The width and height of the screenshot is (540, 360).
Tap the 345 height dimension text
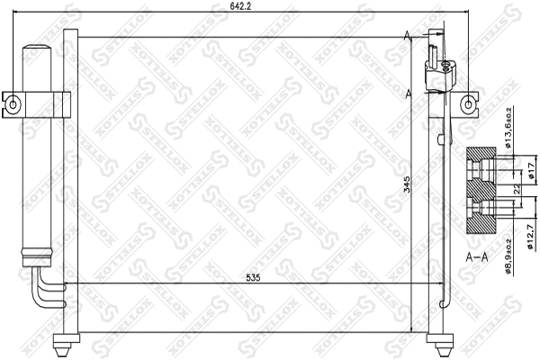tap(407, 185)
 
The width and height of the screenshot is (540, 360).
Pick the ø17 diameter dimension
tap(531, 171)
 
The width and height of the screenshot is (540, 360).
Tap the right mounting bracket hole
tap(469, 103)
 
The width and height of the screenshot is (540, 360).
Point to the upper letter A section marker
tap(409, 35)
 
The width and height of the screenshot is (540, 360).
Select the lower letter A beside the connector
tap(409, 93)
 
